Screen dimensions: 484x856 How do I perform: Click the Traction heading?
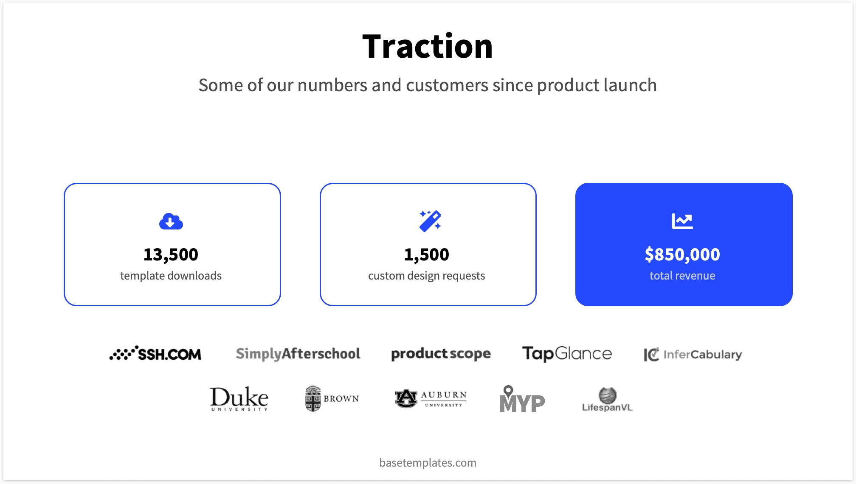(428, 46)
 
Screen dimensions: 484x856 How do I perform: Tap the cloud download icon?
(171, 221)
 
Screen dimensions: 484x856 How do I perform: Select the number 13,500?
(171, 255)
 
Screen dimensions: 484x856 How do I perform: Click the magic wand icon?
(430, 221)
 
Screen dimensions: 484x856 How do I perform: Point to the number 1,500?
(426, 255)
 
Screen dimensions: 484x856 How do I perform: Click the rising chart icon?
(682, 221)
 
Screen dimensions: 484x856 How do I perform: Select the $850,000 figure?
(682, 255)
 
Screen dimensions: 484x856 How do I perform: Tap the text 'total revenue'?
(682, 276)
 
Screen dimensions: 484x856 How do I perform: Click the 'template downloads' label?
(171, 276)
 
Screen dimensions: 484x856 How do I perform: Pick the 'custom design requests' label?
(426, 276)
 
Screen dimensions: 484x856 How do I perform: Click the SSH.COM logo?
(155, 353)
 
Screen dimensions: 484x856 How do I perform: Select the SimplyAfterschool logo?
(298, 354)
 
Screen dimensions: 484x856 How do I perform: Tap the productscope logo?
(441, 354)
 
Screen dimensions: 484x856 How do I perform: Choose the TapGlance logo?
(567, 354)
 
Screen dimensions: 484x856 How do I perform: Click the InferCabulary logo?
(693, 354)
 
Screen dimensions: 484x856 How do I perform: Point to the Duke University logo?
(239, 399)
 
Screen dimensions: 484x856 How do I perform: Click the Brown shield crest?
(313, 399)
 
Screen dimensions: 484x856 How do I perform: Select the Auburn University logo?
(431, 399)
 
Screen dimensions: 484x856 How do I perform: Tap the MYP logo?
(522, 399)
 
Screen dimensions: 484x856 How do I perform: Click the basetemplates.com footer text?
(428, 462)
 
